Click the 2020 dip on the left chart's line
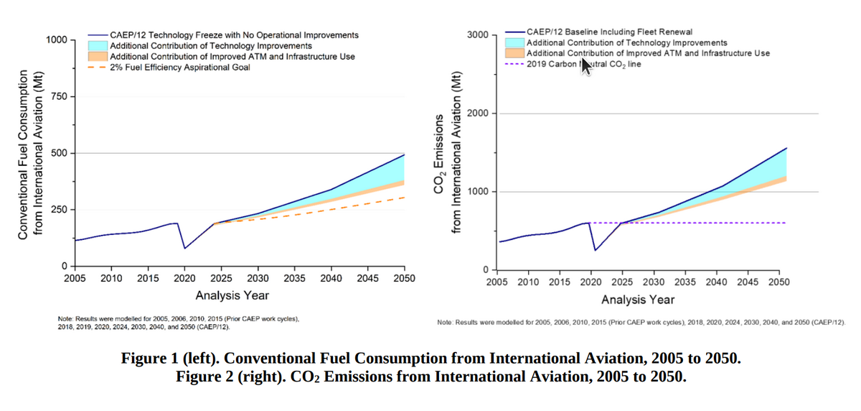185,249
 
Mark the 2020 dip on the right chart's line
595,250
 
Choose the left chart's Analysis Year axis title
232,295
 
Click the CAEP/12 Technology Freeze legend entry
234,34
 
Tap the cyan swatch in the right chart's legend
514,43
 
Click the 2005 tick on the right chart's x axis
497,282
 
